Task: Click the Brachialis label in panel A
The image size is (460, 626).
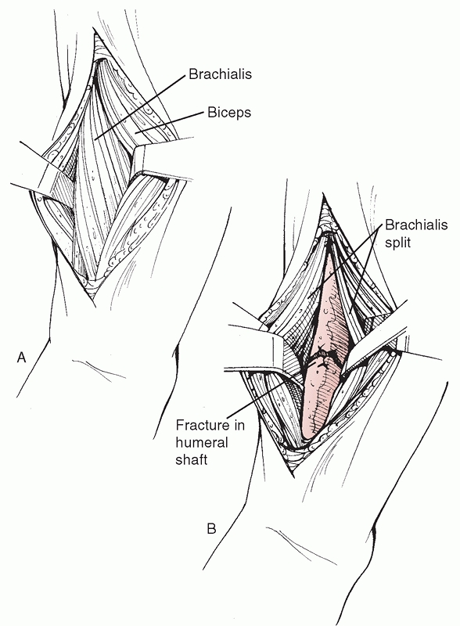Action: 220,74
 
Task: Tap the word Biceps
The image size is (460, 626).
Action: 229,113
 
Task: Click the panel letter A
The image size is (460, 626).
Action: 22,358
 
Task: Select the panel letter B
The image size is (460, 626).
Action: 212,529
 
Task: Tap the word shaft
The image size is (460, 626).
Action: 192,459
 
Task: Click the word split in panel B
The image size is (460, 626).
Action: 397,243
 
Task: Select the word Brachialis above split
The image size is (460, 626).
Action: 416,225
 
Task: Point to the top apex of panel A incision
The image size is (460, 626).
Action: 95,34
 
